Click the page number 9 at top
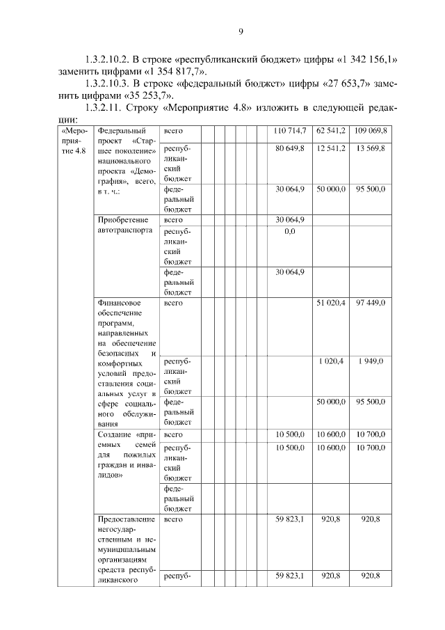[240, 32]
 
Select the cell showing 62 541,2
[330, 131]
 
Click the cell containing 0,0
[290, 231]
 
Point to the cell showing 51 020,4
[330, 304]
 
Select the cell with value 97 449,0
[372, 304]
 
